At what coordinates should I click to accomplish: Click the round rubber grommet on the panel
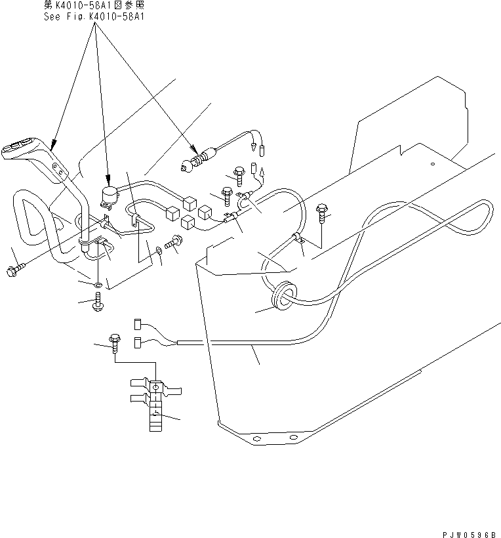283,294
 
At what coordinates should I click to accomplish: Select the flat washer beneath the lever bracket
97,285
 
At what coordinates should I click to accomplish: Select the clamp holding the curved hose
298,238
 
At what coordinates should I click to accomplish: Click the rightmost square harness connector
205,212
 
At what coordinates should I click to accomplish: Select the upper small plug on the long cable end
139,323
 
